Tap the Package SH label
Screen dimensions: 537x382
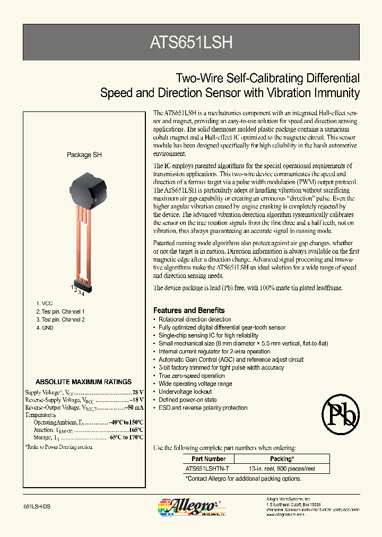point(84,155)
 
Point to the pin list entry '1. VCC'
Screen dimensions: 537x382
point(45,303)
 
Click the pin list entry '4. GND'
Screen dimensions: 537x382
point(45,328)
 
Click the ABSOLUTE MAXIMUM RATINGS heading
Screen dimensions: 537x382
point(83,382)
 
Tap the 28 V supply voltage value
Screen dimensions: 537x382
point(138,392)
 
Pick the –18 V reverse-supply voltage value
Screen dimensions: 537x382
point(136,400)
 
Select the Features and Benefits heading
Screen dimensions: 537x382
point(189,310)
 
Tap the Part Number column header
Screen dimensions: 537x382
point(209,458)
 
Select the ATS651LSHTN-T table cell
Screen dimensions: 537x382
point(208,469)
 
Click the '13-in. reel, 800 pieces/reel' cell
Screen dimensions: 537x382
point(282,469)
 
